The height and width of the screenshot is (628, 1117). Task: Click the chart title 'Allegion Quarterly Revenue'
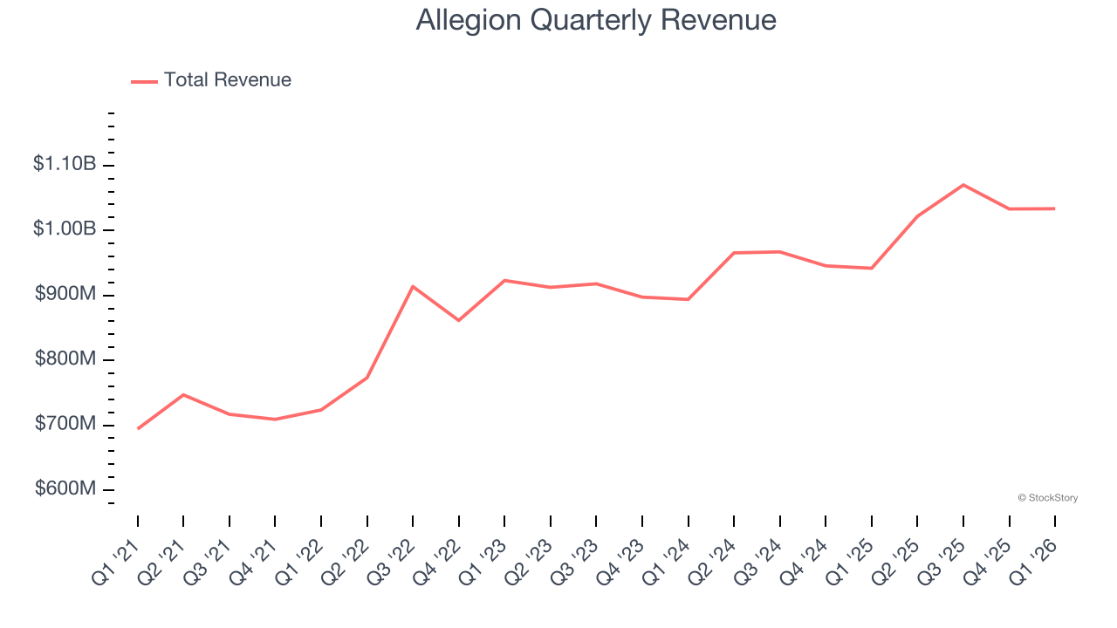596,19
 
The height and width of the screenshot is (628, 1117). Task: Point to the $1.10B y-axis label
65,163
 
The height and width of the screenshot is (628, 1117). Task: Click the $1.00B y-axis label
65,229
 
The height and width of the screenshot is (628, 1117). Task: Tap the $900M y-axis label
65,294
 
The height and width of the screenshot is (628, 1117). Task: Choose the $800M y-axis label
65,359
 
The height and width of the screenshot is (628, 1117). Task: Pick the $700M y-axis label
65,424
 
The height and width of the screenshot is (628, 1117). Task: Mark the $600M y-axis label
65,488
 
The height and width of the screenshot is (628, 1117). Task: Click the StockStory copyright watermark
1047,498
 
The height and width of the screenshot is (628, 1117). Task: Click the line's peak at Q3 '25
963,185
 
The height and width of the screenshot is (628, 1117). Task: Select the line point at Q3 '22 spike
413,286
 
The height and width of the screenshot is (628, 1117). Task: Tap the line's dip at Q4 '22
459,320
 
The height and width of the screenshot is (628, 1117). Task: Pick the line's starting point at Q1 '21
138,428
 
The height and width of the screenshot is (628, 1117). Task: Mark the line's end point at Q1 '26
1054,208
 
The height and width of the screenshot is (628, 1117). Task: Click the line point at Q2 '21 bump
183,395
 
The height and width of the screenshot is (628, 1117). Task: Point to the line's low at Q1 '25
871,268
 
